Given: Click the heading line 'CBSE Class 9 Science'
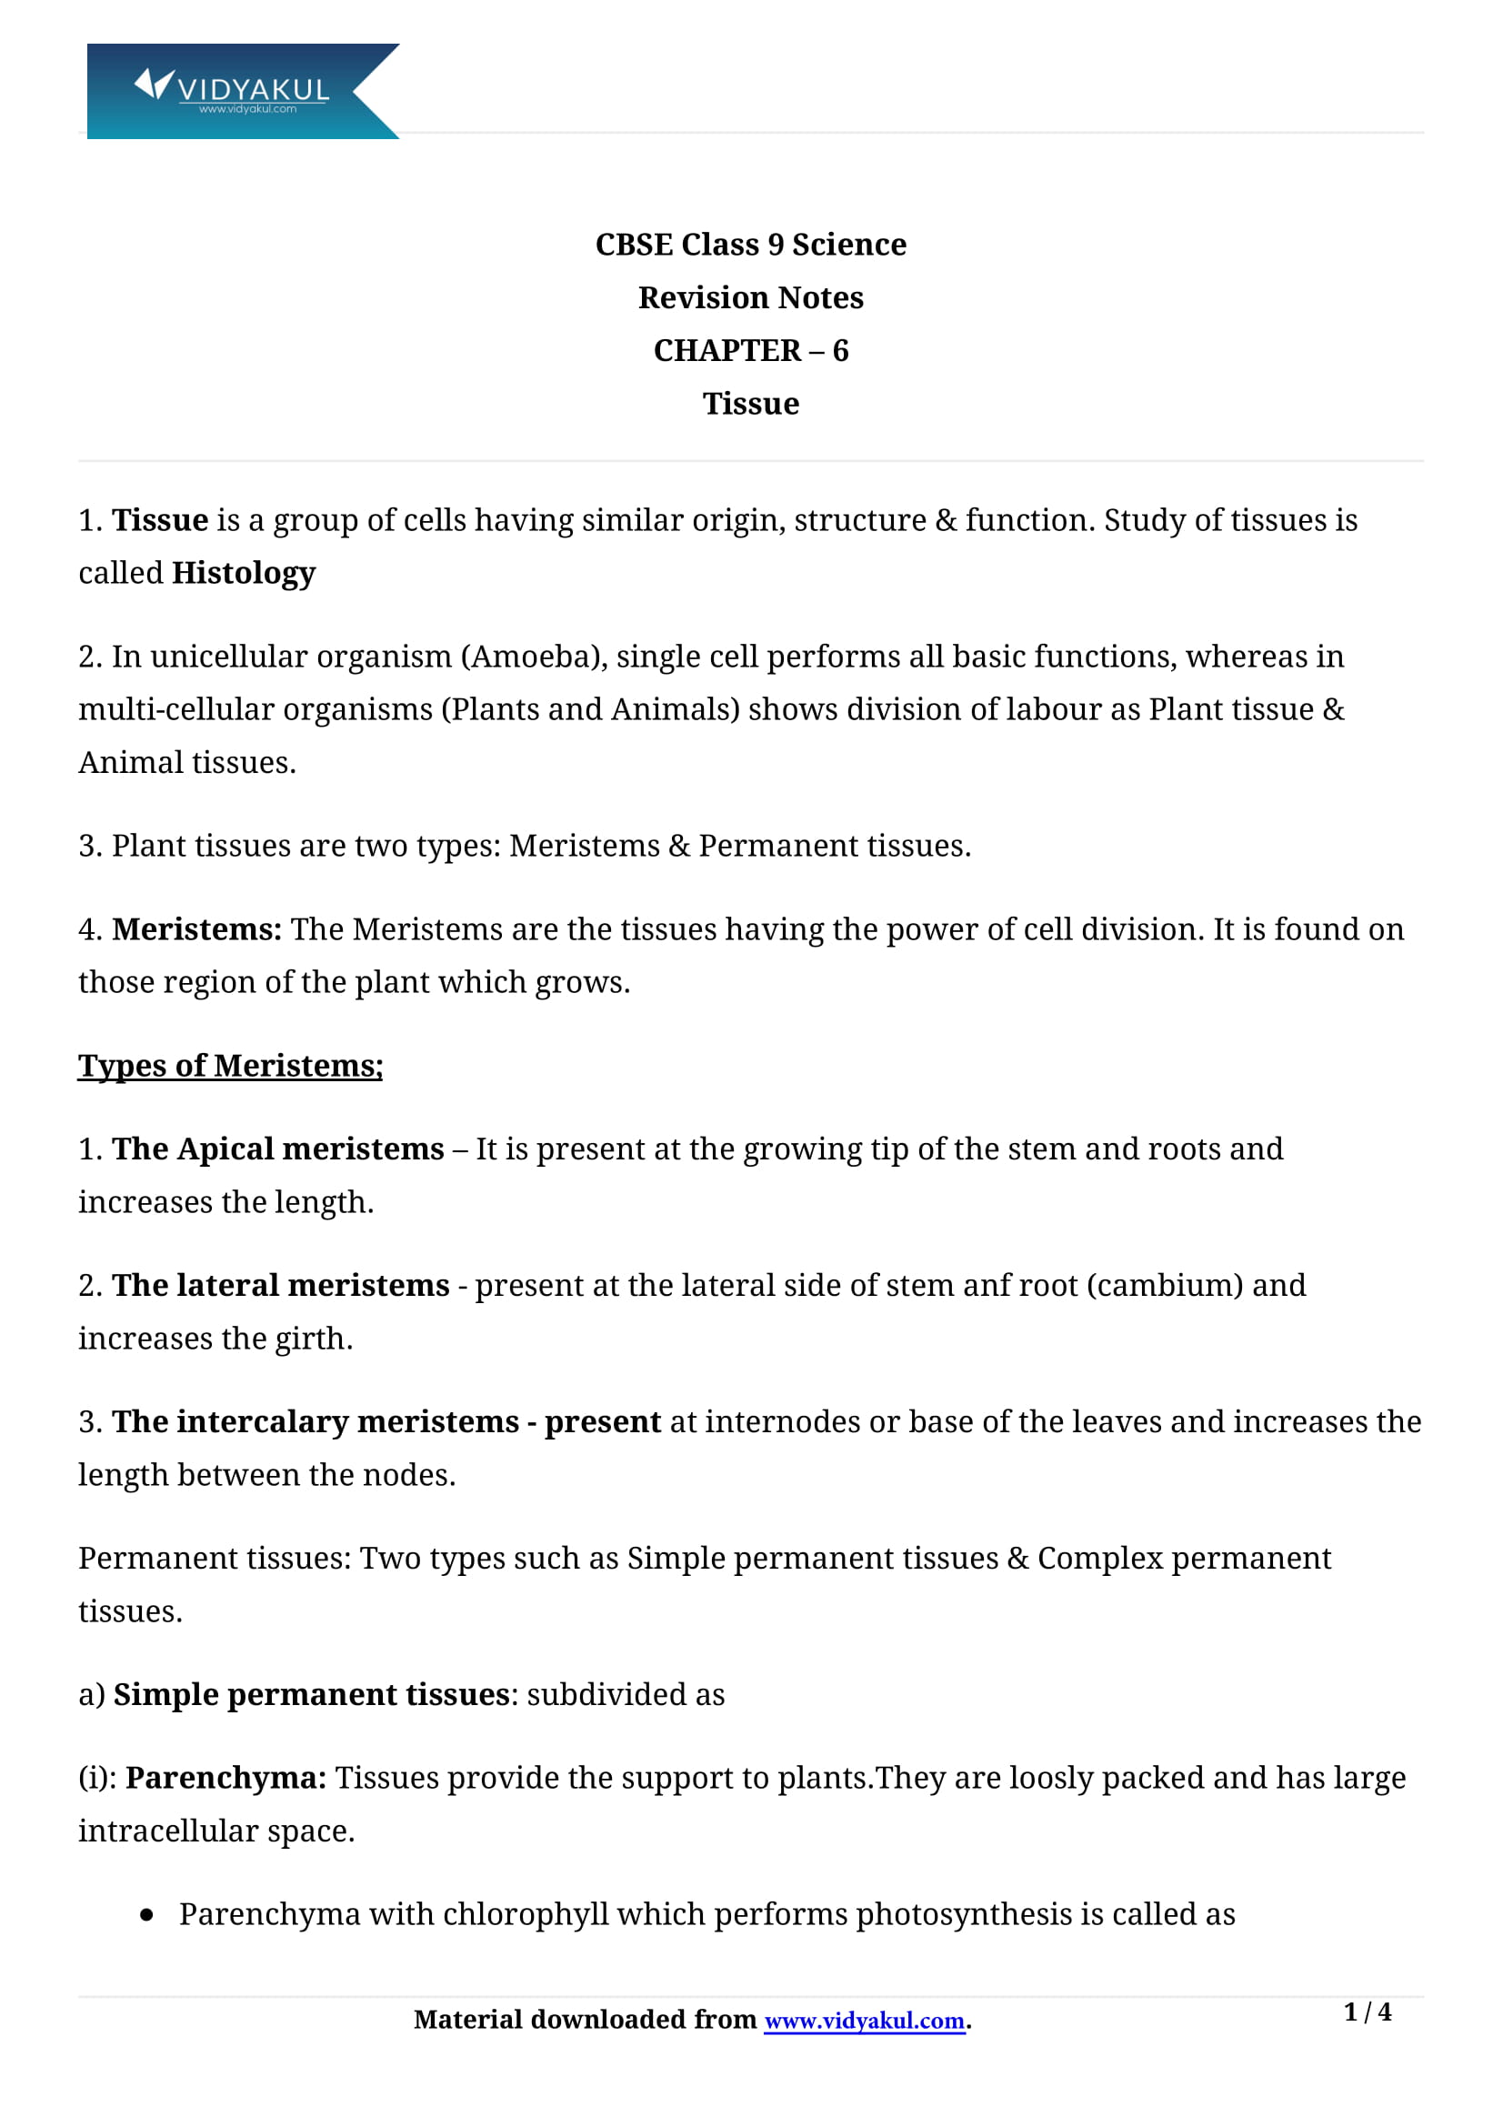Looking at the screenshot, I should [x=750, y=245].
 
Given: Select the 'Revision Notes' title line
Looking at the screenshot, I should [x=750, y=298].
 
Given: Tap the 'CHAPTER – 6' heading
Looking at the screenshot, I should [x=750, y=351].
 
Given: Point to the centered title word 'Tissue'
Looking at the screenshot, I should [x=750, y=404].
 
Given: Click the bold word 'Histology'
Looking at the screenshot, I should [x=244, y=574].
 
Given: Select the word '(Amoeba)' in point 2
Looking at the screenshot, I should [x=537, y=657].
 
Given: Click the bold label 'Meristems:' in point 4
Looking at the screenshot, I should [x=196, y=929].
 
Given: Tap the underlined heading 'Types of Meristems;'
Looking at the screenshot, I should [x=230, y=1066].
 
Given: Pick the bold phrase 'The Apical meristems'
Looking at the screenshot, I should [x=278, y=1149].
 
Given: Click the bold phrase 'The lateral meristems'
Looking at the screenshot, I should [x=281, y=1285].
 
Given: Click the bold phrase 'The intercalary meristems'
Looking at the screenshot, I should [x=315, y=1421].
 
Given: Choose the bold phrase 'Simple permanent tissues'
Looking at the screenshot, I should [x=311, y=1694].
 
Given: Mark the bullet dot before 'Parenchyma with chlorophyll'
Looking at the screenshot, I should [x=147, y=1915].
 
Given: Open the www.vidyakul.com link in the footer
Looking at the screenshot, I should [x=864, y=2021].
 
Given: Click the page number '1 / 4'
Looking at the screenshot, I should [x=1367, y=2012].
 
